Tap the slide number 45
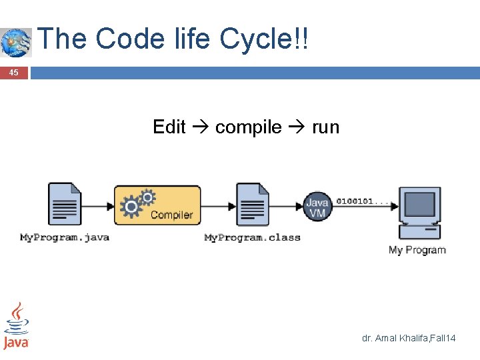[x=13, y=73]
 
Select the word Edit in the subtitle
[x=169, y=127]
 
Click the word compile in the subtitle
[x=248, y=127]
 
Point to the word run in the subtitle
[x=325, y=127]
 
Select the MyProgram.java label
[x=64, y=237]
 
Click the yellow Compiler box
[x=157, y=205]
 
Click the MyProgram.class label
[x=252, y=237]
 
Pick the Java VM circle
[x=317, y=206]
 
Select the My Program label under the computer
[x=417, y=250]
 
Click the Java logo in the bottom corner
[x=15, y=326]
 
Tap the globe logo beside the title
[x=15, y=42]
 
